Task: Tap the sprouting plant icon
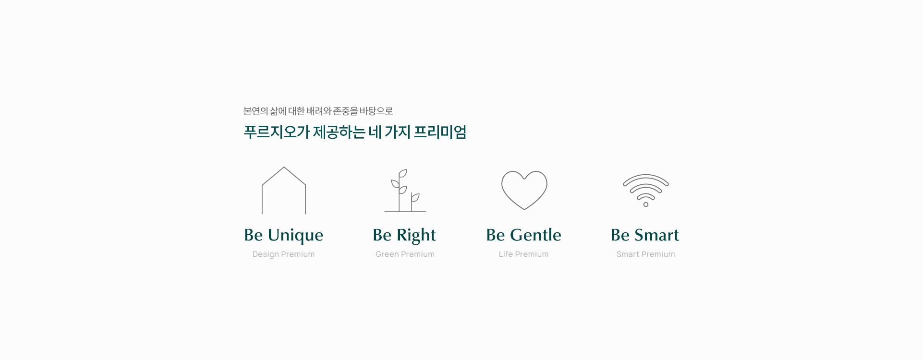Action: [400, 197]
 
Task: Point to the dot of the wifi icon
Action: [646, 204]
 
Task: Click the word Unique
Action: [295, 235]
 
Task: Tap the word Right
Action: [416, 235]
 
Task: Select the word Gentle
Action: [535, 235]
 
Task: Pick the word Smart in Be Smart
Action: [656, 235]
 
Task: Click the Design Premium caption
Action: [283, 254]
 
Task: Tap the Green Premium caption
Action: [405, 254]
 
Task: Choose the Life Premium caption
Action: [523, 254]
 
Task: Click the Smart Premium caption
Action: [645, 254]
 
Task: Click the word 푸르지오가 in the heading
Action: [277, 132]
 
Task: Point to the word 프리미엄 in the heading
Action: [440, 132]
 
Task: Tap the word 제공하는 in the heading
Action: [339, 132]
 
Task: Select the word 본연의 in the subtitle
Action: [255, 111]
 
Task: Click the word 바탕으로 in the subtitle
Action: [376, 111]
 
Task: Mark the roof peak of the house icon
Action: [284, 167]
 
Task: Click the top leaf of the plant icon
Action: [403, 173]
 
